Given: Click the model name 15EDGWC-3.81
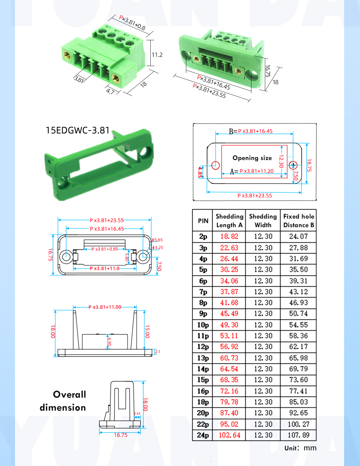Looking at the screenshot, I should click(x=77, y=130).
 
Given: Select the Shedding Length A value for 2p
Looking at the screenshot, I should click(x=229, y=237).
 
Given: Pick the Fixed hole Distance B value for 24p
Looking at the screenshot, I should click(x=298, y=435).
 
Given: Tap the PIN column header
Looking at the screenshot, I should click(x=203, y=221).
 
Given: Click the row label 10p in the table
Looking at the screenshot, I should click(x=203, y=325).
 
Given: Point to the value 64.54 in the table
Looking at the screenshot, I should click(x=229, y=369).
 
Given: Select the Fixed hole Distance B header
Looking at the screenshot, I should click(x=298, y=221).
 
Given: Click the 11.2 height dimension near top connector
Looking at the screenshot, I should click(x=157, y=55).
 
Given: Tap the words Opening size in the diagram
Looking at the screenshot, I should click(x=252, y=158).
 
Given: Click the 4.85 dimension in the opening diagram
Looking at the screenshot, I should click(x=200, y=172).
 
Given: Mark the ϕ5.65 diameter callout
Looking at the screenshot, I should click(x=157, y=240).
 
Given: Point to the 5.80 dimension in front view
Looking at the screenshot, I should click(x=127, y=257).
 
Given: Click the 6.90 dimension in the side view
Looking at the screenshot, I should click(x=109, y=342).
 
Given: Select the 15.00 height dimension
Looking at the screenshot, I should click(x=147, y=331).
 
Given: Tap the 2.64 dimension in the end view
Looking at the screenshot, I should click(x=137, y=413).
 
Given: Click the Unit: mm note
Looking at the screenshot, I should click(x=300, y=448).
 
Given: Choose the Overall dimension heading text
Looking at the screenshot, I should click(x=63, y=401).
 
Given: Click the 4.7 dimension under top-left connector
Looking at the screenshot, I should click(x=110, y=91).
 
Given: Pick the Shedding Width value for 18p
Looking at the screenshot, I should click(x=263, y=402).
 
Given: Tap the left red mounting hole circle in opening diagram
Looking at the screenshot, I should click(x=215, y=165).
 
